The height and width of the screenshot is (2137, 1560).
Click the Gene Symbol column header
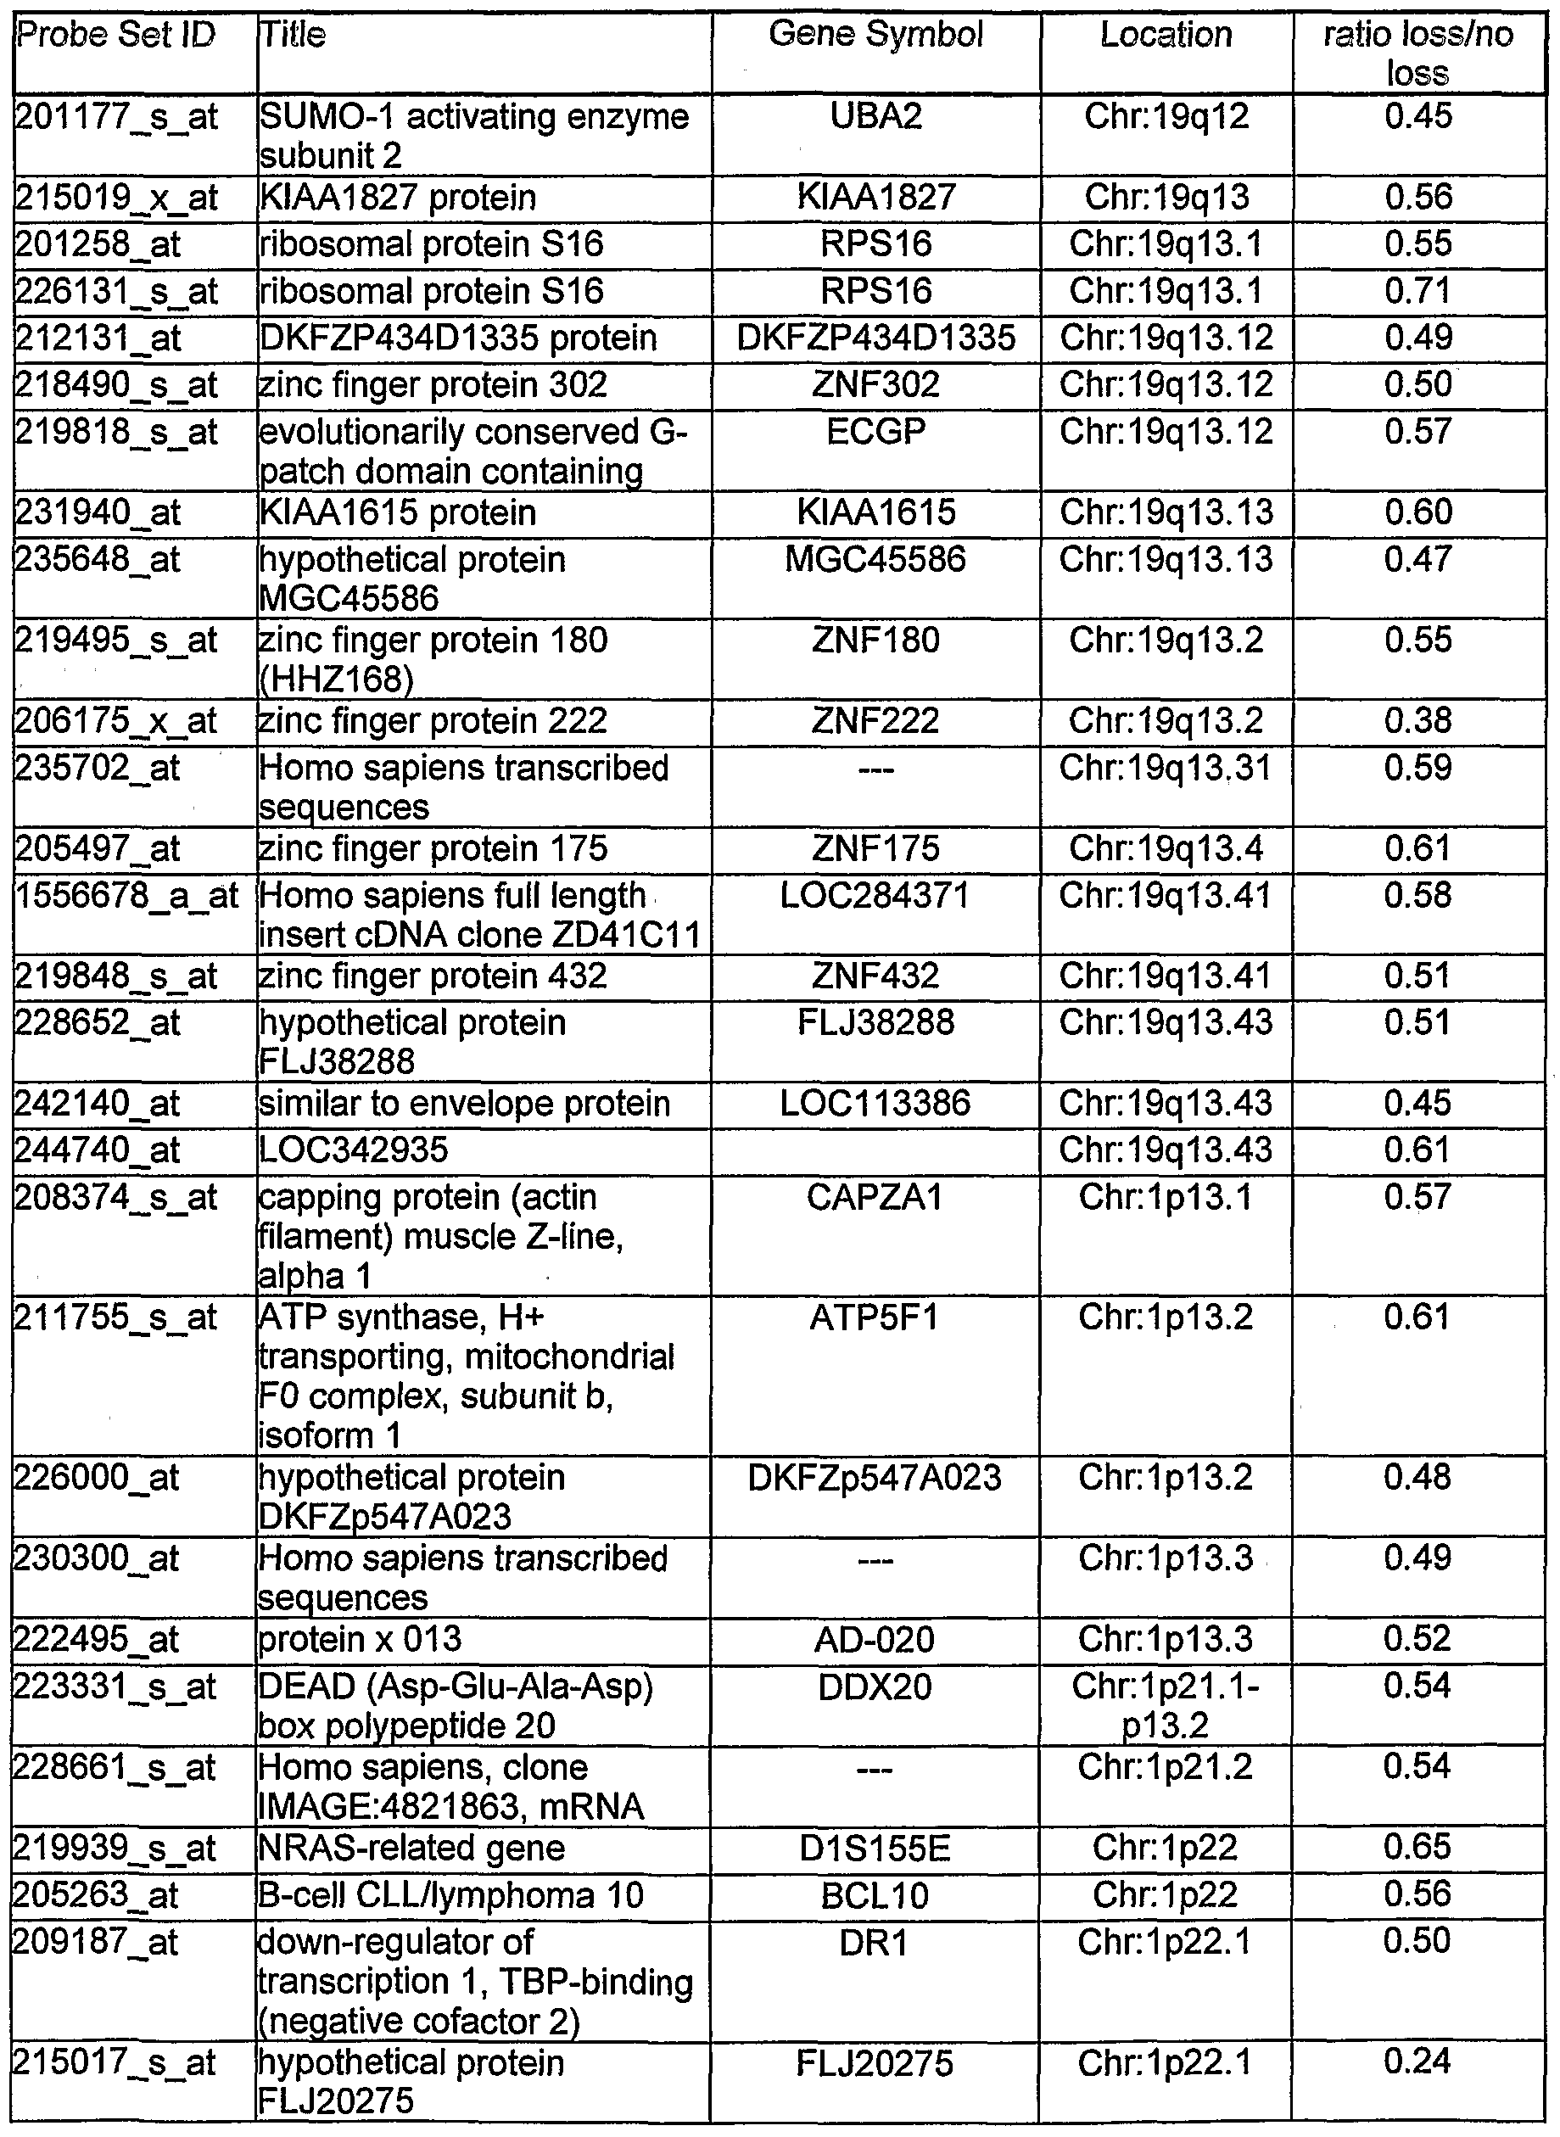[x=875, y=35]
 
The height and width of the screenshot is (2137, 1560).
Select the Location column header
[x=1166, y=35]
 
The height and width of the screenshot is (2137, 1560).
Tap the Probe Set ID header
[x=116, y=35]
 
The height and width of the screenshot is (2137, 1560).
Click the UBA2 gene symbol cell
[x=875, y=117]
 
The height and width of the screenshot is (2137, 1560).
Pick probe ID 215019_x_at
[x=116, y=199]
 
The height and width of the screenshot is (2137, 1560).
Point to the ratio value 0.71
[x=1417, y=291]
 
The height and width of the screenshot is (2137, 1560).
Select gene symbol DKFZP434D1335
[x=875, y=338]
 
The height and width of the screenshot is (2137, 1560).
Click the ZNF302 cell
[x=875, y=385]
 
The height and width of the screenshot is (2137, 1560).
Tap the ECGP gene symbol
[x=875, y=433]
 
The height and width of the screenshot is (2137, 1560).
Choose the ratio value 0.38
[x=1417, y=721]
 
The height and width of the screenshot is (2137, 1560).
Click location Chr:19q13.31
[x=1166, y=769]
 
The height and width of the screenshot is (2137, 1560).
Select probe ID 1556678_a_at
[x=127, y=896]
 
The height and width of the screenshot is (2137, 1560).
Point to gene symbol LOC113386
[x=875, y=1104]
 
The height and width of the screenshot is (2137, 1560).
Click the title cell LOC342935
[x=353, y=1151]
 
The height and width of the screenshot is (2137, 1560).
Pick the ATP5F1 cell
[x=875, y=1318]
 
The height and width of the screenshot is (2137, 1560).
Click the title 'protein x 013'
[x=360, y=1639]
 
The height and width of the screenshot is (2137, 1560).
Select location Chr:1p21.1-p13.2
[x=1166, y=1705]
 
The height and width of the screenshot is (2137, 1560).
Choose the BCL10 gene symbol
[x=875, y=1895]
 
